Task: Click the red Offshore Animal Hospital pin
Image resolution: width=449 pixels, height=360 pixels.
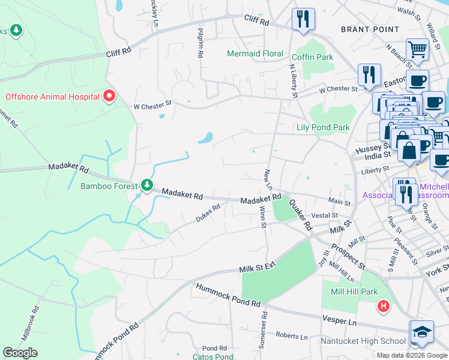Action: pos(109,96)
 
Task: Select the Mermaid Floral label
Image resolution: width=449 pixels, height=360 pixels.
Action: pos(255,53)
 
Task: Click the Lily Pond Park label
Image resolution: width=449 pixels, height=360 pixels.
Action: pos(323,127)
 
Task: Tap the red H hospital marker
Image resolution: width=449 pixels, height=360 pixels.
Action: pos(384,307)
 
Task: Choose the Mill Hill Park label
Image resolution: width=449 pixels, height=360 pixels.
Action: pos(354,292)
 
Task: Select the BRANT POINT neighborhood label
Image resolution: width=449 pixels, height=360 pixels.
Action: pos(370,29)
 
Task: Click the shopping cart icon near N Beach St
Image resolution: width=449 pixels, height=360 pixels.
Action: pos(417,50)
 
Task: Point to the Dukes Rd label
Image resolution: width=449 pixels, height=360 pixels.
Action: pos(208,214)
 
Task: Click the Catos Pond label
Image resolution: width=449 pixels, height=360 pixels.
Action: pos(212,356)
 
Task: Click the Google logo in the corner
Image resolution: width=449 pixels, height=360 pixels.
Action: pos(20,353)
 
